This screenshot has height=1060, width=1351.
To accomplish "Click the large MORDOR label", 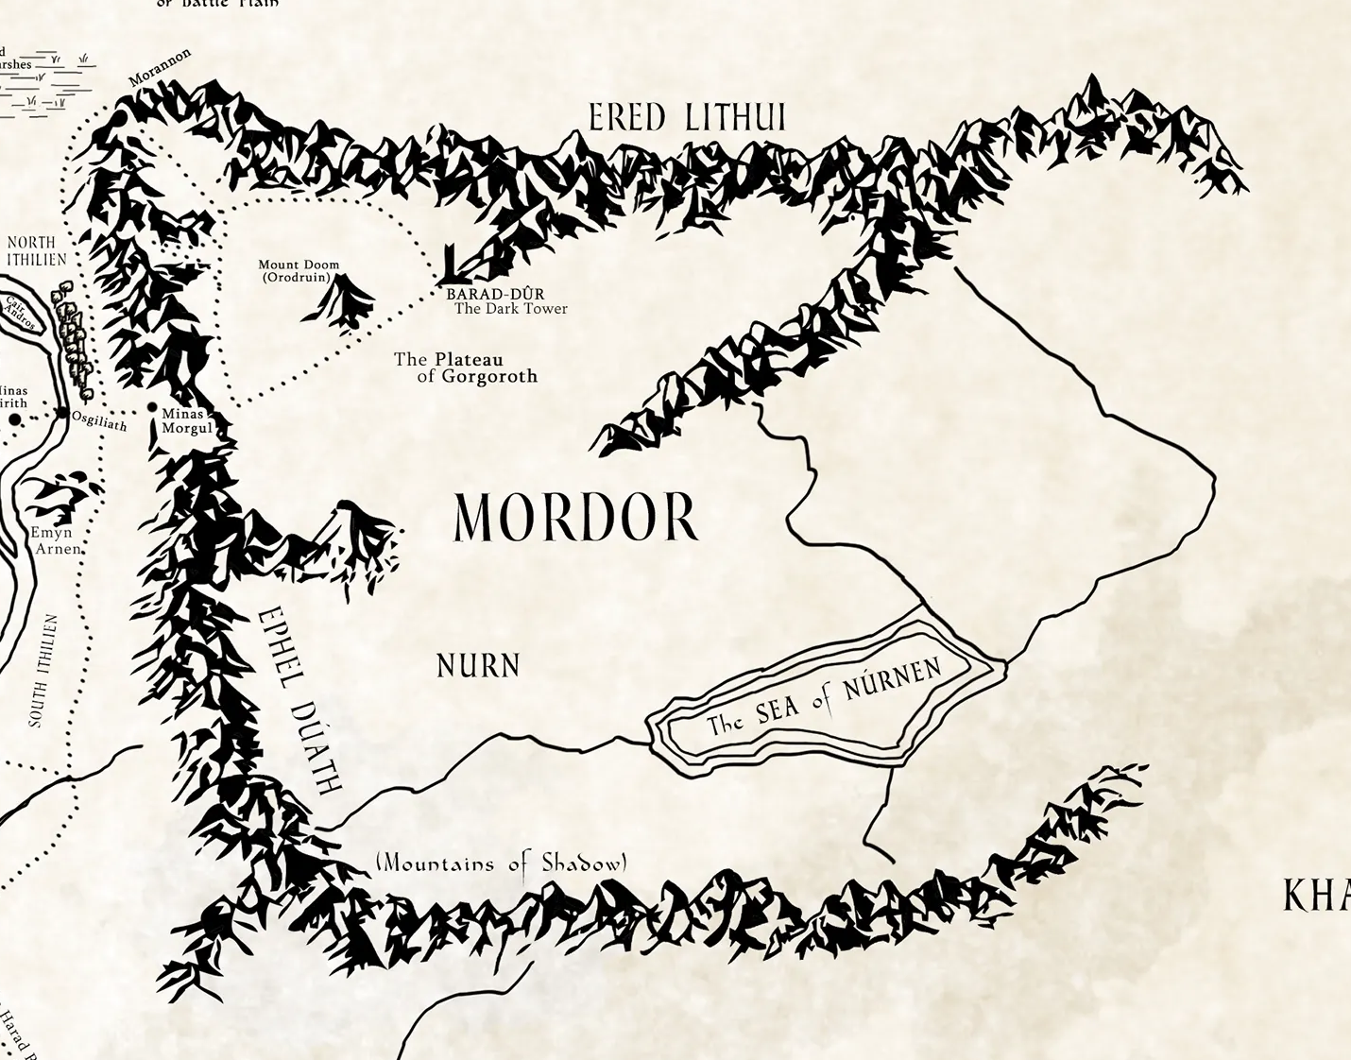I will pos(574,519).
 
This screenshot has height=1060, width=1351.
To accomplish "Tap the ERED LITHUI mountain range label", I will pos(687,118).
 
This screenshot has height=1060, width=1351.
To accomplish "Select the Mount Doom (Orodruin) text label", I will pos(299,271).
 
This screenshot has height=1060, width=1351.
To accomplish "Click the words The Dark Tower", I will pos(510,309).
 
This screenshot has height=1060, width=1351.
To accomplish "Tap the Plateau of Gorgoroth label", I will pos(466,368).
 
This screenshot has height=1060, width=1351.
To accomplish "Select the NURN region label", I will pos(478,666).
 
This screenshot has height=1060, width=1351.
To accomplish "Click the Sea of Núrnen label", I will pos(824,698).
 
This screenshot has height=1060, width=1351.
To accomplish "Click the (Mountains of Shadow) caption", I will pos(501,863).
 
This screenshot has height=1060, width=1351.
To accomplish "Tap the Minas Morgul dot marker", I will pos(152,407).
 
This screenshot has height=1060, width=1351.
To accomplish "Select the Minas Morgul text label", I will pos(186,421).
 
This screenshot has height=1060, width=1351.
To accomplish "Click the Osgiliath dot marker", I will pos(62,413).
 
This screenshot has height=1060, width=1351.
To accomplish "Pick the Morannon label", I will pos(161,67).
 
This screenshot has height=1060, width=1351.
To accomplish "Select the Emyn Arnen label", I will pos(57,541).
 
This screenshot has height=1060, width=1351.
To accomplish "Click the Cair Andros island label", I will pos(21,314).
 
